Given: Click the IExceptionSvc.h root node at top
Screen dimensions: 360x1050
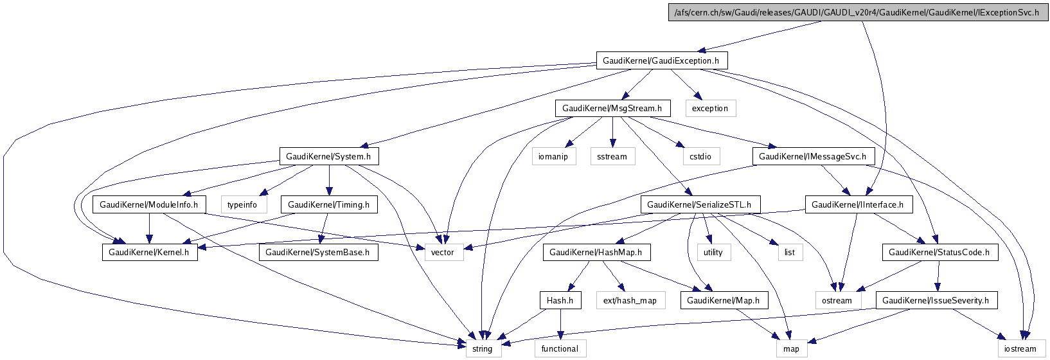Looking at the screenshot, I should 858,13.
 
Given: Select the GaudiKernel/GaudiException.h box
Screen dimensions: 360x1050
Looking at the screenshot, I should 661,60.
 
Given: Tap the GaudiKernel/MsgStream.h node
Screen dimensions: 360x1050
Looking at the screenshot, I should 612,108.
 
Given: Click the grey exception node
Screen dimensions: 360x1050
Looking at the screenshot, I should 709,108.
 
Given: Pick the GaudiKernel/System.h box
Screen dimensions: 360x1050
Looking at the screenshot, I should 328,156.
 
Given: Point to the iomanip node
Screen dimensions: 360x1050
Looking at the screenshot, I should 554,156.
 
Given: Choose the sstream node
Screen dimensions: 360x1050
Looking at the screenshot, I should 612,156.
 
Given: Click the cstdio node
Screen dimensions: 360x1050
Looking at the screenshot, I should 700,156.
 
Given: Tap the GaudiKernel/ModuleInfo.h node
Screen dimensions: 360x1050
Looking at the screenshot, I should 149,204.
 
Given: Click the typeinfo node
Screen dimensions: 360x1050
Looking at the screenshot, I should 242,204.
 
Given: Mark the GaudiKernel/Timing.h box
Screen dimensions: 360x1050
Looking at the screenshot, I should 328,204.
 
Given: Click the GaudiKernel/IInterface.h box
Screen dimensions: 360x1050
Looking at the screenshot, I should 857,204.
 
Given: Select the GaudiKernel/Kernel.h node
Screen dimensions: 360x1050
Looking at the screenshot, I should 148,252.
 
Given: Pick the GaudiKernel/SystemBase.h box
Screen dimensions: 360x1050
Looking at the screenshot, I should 317,252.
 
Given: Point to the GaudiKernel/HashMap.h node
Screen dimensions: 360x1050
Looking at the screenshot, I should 596,252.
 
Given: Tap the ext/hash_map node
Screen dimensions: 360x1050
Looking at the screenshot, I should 630,300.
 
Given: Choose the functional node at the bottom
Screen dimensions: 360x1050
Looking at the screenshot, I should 560,348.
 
